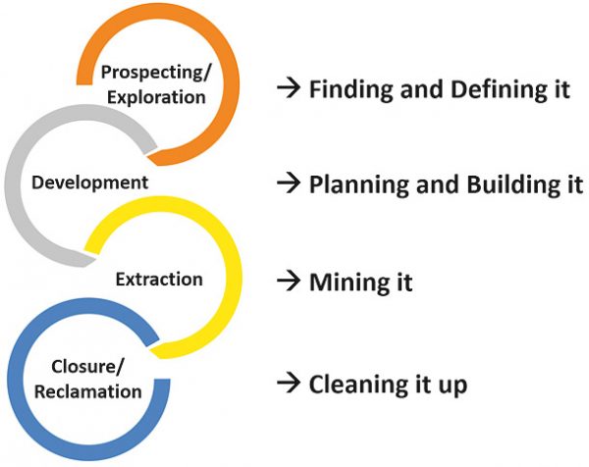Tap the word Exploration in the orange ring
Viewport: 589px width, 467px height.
(158, 97)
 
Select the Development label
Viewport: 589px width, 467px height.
(89, 182)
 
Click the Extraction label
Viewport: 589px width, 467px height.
(158, 280)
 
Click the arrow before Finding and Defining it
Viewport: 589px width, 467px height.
(287, 89)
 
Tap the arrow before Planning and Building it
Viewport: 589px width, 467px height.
(287, 184)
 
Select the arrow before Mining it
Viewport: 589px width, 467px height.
(287, 283)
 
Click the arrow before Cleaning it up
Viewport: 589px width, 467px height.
(287, 383)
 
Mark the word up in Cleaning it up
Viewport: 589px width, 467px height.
(451, 386)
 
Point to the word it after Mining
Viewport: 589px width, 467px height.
(401, 284)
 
